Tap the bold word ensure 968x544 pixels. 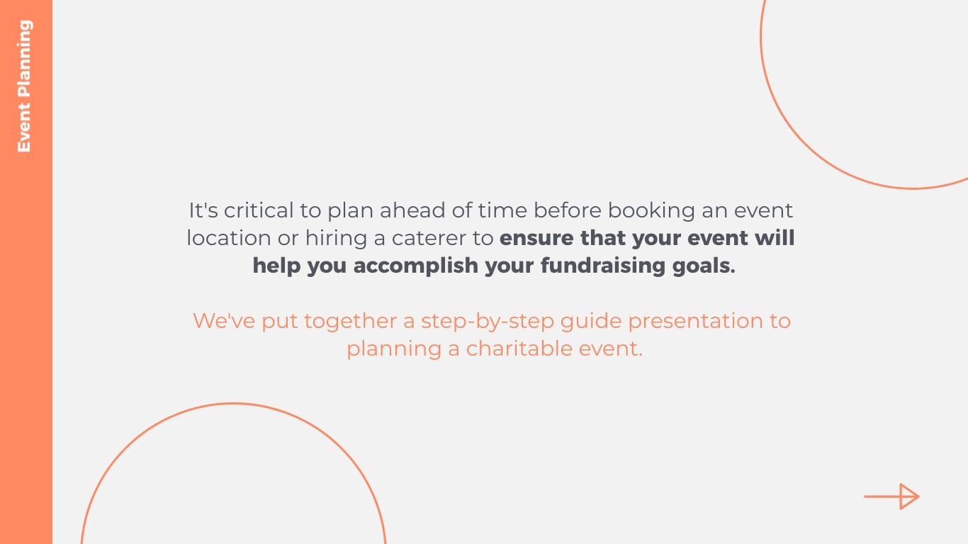click(537, 238)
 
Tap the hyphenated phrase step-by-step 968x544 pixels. click(487, 321)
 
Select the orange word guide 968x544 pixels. click(591, 321)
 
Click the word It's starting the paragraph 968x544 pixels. click(203, 210)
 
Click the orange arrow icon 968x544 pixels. click(891, 497)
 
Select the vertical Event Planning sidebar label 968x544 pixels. click(25, 86)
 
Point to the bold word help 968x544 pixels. click(276, 266)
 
